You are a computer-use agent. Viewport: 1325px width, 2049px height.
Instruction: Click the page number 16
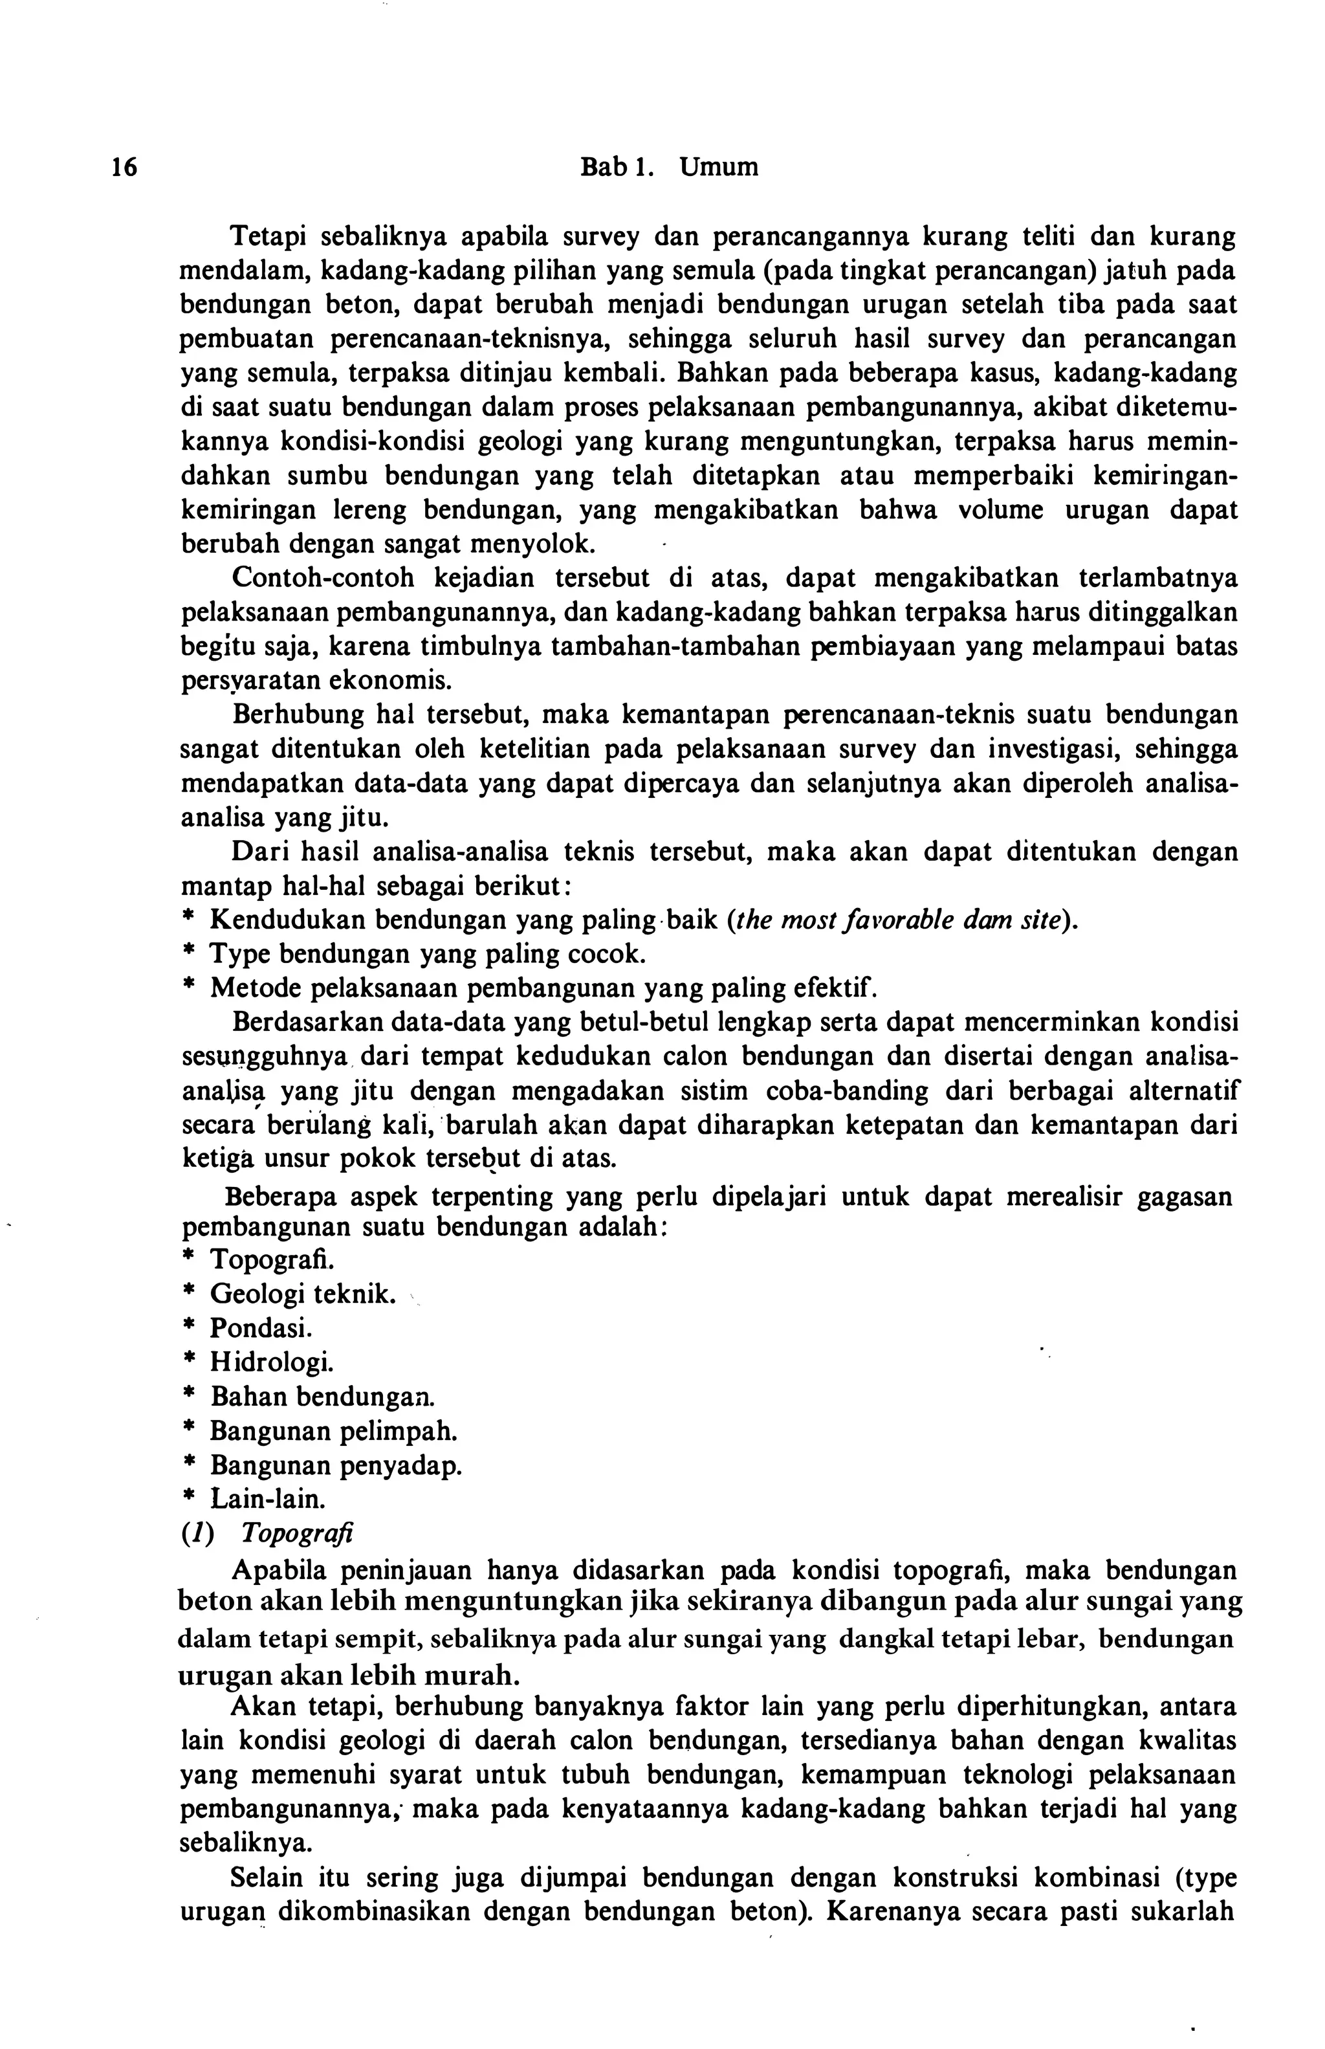point(124,167)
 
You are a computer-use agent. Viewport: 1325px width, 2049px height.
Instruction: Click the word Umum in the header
point(719,167)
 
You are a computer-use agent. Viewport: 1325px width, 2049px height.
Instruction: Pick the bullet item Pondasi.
point(261,1328)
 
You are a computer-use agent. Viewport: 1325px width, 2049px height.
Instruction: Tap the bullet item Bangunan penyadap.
point(336,1465)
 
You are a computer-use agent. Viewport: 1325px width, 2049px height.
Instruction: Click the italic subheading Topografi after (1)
point(298,1534)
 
